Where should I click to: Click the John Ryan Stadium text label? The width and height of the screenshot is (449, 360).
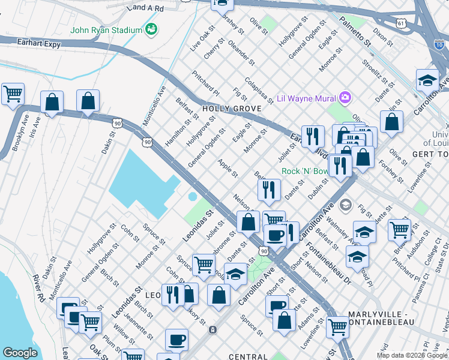(x=106, y=30)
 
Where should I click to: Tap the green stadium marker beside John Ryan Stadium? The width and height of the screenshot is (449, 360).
(x=151, y=29)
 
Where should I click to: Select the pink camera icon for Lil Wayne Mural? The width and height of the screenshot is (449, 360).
(x=344, y=97)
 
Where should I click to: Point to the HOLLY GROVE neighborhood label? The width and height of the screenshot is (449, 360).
(x=232, y=109)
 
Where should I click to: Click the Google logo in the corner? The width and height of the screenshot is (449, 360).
(x=20, y=353)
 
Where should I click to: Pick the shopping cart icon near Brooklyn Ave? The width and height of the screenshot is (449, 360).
(x=13, y=94)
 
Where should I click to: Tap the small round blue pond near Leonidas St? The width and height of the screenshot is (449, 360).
(x=192, y=197)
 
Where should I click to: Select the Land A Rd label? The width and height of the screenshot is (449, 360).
(x=146, y=8)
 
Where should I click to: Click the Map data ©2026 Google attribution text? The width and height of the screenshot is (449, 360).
(x=412, y=355)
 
